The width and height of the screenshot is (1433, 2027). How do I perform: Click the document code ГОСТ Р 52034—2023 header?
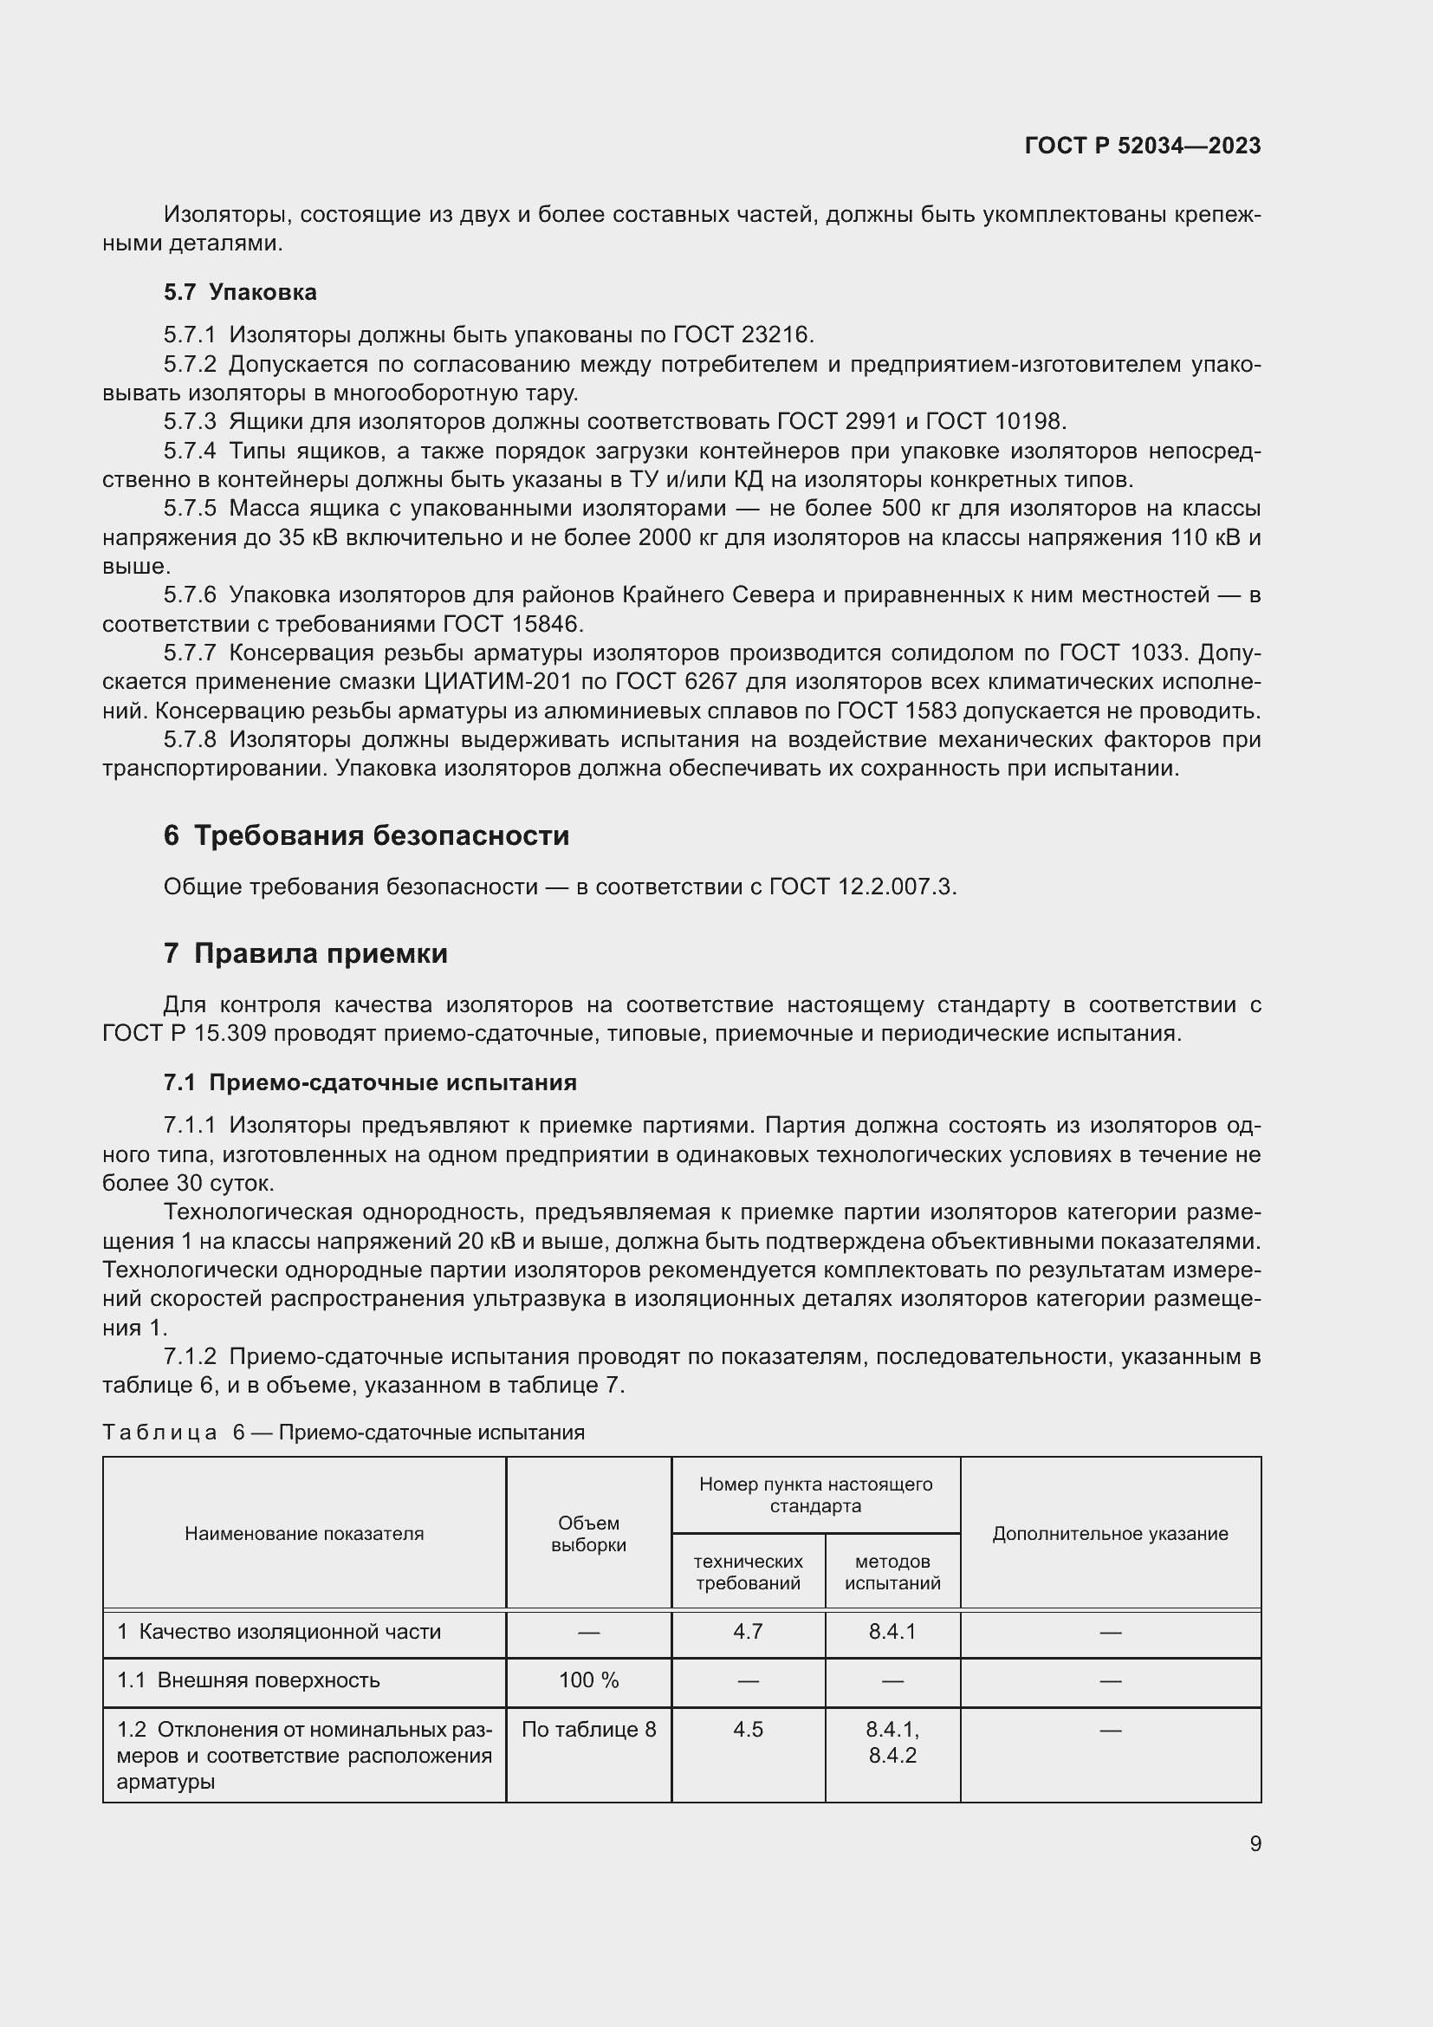(1142, 146)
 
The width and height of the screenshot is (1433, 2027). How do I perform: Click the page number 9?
(1255, 1843)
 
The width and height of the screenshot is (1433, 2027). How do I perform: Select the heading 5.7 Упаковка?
(240, 292)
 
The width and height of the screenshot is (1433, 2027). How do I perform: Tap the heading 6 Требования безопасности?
(366, 835)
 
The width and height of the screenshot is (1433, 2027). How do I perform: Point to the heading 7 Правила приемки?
(305, 953)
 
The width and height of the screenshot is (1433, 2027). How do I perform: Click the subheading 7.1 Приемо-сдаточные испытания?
(370, 1082)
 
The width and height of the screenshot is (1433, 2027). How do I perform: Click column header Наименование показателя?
(303, 1534)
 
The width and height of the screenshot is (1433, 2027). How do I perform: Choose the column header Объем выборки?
(588, 1534)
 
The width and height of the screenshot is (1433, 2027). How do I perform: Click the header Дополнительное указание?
(1110, 1534)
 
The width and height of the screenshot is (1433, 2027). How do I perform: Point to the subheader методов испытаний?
(892, 1571)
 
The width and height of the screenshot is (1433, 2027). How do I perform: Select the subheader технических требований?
(749, 1571)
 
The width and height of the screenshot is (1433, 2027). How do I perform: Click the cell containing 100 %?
(588, 1680)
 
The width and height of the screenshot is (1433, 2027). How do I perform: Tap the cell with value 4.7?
(749, 1632)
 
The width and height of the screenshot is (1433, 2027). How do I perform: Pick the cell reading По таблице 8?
(588, 1730)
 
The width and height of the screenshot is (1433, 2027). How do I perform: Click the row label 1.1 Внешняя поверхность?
(248, 1680)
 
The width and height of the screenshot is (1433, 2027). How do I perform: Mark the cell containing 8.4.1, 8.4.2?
(892, 1742)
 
